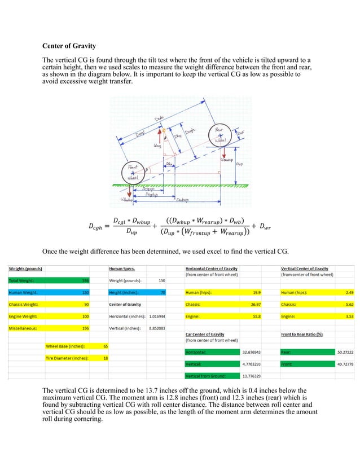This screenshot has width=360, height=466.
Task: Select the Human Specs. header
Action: [x=122, y=269]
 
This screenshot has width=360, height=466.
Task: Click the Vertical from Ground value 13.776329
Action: [x=251, y=376]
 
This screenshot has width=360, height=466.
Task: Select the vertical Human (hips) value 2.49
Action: [x=349, y=292]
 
